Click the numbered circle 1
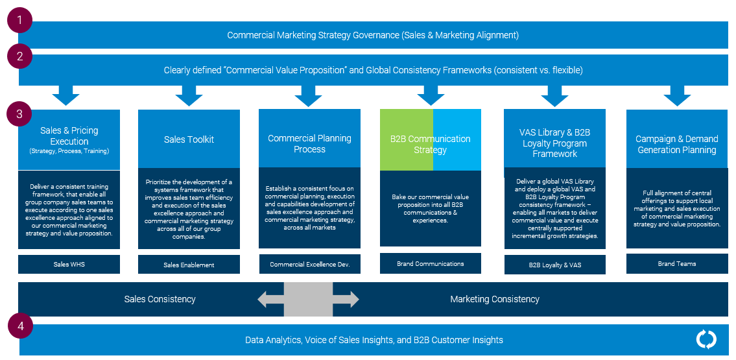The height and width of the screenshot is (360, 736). (x=20, y=20)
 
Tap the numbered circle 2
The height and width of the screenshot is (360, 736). (x=20, y=56)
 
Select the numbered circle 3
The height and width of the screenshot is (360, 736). (x=20, y=114)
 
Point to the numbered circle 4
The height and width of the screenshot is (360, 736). (x=20, y=326)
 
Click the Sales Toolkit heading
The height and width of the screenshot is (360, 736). (x=189, y=139)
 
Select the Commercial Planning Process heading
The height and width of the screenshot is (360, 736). (x=309, y=143)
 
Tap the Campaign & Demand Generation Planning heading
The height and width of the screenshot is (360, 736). (x=676, y=144)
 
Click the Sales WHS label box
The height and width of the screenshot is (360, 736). (x=69, y=264)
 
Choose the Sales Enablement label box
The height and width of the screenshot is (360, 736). (x=189, y=265)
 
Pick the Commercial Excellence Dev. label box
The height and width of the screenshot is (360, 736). (x=309, y=264)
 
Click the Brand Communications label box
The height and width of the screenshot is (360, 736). (x=430, y=263)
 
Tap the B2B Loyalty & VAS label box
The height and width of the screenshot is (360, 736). (x=554, y=265)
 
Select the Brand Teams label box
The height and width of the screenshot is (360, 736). (x=676, y=263)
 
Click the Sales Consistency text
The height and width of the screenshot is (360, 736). (x=160, y=299)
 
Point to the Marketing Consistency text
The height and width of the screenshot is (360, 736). (x=495, y=299)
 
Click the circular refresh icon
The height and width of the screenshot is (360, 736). (x=706, y=339)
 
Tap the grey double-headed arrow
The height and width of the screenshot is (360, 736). (x=308, y=299)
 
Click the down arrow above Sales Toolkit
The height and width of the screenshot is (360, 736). (x=189, y=95)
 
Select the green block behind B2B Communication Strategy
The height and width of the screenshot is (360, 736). (x=406, y=139)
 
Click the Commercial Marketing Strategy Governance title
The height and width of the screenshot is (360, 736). (x=373, y=35)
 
